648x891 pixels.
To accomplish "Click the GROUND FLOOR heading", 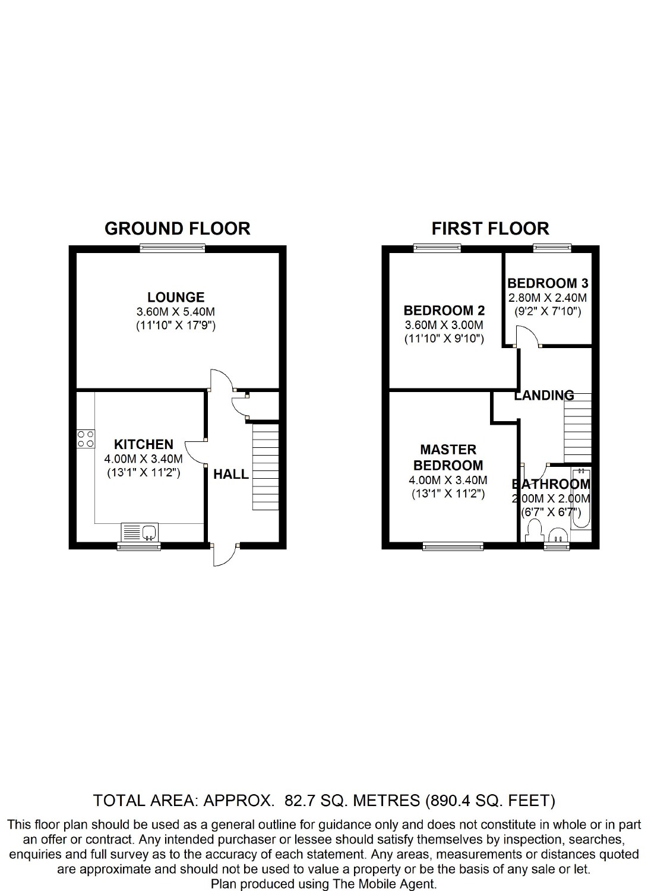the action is coord(178,229).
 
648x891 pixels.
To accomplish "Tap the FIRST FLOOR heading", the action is coord(490,229).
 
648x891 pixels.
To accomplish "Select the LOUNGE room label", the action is coord(176,297).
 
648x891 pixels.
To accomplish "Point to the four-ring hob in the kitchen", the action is coord(86,439).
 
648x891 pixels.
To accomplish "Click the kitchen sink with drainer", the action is coord(139,532).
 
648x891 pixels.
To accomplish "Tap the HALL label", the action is coord(231,474).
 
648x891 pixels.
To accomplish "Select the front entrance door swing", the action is coord(225,555).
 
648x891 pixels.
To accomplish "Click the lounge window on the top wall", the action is coord(173,248).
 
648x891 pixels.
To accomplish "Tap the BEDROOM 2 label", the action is coord(444,310).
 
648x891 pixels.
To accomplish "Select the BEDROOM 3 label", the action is coord(548,283).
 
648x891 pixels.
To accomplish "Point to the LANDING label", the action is coord(544,396).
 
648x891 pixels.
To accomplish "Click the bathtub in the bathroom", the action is coord(581,498).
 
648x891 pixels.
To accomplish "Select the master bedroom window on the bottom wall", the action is coord(453,546).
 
